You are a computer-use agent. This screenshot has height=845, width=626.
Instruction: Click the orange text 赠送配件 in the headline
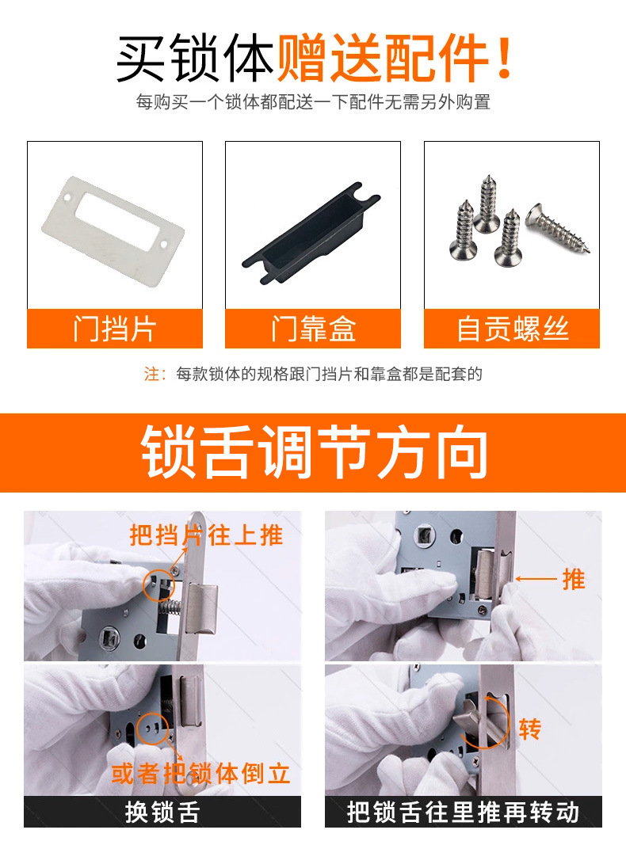[x=394, y=59]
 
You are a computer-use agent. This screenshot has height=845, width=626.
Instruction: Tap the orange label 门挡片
[x=114, y=329]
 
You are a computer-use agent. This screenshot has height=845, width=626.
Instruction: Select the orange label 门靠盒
[x=312, y=329]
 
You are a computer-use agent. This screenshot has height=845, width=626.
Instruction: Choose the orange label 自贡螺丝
[x=512, y=329]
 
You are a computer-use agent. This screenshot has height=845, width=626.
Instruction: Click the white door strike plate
[x=112, y=222]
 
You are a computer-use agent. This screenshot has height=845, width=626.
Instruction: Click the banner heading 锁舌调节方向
[x=313, y=453]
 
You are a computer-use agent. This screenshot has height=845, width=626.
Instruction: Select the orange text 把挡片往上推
[x=206, y=535]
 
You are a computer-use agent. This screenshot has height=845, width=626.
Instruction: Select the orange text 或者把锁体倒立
[x=200, y=773]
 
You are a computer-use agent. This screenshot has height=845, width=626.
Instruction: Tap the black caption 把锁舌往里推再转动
[x=463, y=812]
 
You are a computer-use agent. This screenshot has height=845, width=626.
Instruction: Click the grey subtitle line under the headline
[x=313, y=102]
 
